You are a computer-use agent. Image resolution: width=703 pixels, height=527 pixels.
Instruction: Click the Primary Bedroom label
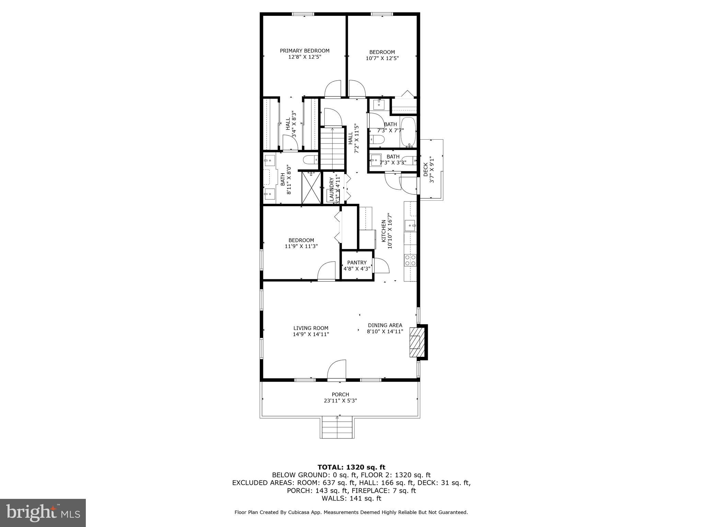pyautogui.click(x=304, y=51)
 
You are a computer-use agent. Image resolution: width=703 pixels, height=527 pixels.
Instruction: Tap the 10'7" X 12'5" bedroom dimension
pyautogui.click(x=382, y=58)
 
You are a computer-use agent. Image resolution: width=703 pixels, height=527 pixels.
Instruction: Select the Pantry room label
pyautogui.click(x=357, y=262)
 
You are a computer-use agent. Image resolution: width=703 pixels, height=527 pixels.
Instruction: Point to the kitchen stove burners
pyautogui.click(x=410, y=260)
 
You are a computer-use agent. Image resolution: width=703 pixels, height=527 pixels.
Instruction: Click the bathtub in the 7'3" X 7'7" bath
pyautogui.click(x=408, y=132)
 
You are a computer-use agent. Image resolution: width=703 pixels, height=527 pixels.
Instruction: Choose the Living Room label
pyautogui.click(x=311, y=328)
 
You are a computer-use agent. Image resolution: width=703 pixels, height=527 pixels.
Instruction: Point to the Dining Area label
pyautogui.click(x=385, y=325)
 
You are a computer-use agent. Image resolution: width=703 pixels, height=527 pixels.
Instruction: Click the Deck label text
pyautogui.click(x=426, y=169)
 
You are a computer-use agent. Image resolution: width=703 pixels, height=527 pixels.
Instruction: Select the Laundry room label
pyautogui.click(x=332, y=189)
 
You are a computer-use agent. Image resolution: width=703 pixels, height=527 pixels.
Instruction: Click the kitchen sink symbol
pyautogui.click(x=410, y=226)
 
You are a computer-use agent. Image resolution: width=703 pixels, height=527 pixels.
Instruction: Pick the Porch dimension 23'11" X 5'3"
pyautogui.click(x=340, y=400)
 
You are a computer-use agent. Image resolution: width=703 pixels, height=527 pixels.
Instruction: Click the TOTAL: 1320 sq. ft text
pyautogui.click(x=351, y=467)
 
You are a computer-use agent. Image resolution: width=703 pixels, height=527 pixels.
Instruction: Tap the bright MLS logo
pyautogui.click(x=43, y=513)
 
